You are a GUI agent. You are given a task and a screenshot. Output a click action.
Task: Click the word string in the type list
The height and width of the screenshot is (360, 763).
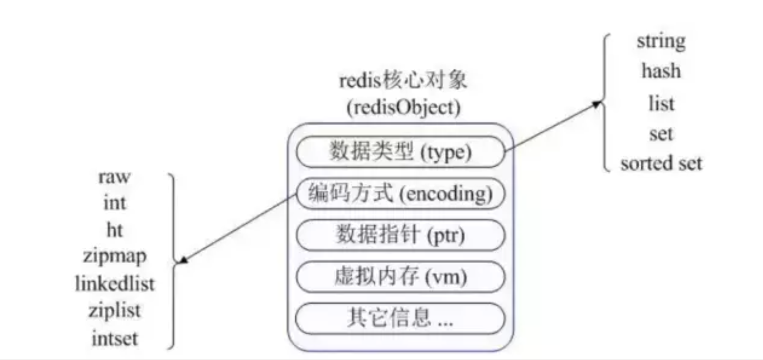click(x=661, y=42)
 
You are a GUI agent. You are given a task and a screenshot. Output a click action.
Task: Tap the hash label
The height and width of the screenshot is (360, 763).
click(x=661, y=71)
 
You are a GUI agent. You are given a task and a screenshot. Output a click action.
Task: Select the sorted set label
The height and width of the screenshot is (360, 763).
click(x=661, y=163)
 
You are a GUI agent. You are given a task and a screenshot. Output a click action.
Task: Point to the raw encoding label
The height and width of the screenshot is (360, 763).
click(x=115, y=177)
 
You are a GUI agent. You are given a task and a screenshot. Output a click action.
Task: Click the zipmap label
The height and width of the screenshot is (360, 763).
click(x=115, y=257)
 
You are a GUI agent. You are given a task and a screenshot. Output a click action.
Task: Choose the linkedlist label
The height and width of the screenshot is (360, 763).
click(x=115, y=284)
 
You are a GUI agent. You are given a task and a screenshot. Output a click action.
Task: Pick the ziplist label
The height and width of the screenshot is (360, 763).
click(x=115, y=311)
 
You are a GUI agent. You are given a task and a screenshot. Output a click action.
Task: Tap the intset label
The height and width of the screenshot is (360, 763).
click(x=115, y=338)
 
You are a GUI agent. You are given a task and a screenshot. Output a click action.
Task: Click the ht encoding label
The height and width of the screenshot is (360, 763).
click(x=115, y=230)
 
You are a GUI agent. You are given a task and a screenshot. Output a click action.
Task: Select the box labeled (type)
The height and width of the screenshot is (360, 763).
click(x=400, y=152)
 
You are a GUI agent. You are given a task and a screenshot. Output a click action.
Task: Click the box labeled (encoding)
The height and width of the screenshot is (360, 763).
click(x=400, y=193)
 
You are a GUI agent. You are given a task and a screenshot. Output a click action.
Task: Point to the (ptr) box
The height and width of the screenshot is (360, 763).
click(x=400, y=235)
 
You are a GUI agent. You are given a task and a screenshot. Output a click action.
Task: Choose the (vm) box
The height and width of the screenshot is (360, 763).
click(x=400, y=277)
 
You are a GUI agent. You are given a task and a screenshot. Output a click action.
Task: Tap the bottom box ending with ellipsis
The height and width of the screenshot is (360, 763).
click(x=400, y=318)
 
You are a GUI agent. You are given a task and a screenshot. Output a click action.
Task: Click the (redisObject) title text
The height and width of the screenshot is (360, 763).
click(x=404, y=108)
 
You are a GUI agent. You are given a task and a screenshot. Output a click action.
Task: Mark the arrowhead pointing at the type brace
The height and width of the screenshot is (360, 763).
click(x=597, y=103)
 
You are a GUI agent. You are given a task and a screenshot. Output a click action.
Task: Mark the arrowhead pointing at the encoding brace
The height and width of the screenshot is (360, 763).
click(x=183, y=261)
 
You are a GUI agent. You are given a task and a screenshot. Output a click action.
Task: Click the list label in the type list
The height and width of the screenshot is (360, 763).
click(x=661, y=103)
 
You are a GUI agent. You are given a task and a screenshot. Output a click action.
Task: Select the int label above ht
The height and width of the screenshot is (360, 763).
click(x=115, y=203)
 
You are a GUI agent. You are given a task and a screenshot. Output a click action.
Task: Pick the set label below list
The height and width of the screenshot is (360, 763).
click(x=661, y=134)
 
